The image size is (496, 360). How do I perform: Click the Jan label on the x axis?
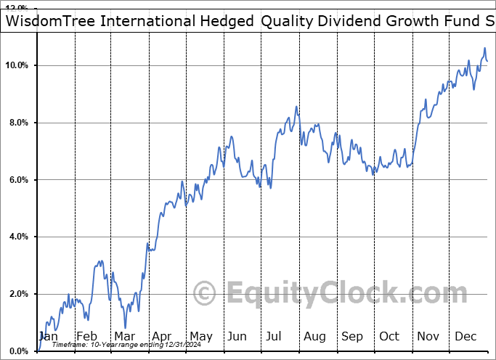click(x=48, y=336)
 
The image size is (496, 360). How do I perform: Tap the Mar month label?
click(x=124, y=336)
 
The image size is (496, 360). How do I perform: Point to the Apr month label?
click(x=162, y=336)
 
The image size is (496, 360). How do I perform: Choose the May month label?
click(x=200, y=336)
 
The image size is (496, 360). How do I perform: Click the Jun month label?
click(x=237, y=336)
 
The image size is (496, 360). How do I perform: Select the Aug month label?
click(x=314, y=336)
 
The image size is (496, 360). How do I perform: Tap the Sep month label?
click(x=352, y=336)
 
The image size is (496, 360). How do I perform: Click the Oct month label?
click(x=389, y=336)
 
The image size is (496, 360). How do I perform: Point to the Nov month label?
click(x=428, y=336)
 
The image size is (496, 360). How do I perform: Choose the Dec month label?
click(x=465, y=336)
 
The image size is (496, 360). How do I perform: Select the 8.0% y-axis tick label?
click(x=17, y=123)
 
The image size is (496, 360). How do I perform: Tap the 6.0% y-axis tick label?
click(x=17, y=180)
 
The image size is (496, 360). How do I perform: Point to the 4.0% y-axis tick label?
click(x=17, y=237)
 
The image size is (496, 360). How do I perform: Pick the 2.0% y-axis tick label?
click(x=17, y=294)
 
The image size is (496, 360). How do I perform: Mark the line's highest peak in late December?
click(x=484, y=49)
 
